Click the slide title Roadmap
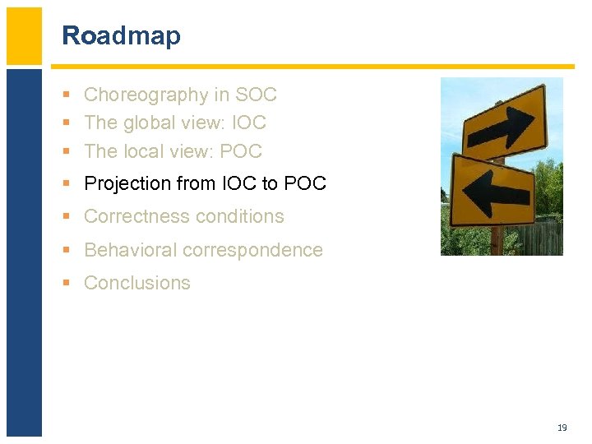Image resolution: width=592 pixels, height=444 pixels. tap(121, 36)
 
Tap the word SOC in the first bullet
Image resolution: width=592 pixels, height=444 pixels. tap(257, 95)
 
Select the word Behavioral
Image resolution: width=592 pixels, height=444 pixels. tap(131, 250)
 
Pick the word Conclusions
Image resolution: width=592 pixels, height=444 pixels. tap(137, 283)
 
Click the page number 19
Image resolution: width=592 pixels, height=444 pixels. tap(562, 428)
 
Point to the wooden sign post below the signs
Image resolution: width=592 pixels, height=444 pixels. tap(497, 241)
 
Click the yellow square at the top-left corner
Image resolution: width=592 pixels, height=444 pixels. tap(24, 35)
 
